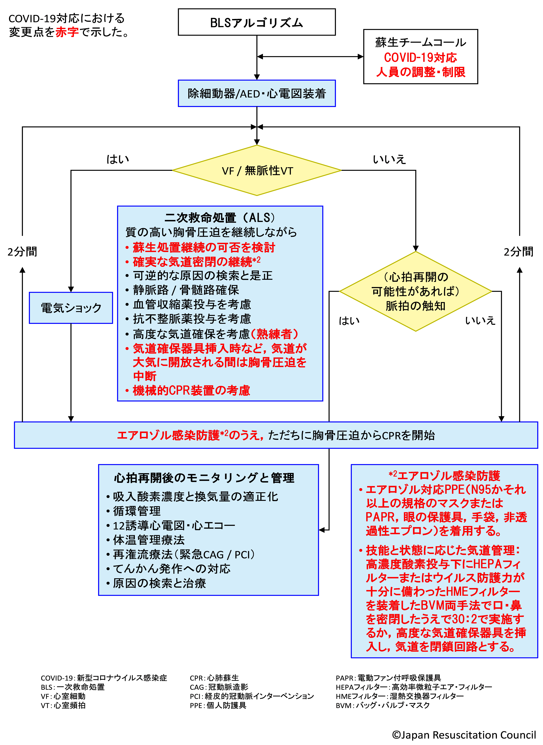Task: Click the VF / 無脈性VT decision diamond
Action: pyautogui.click(x=257, y=170)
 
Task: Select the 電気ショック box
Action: pyautogui.click(x=71, y=308)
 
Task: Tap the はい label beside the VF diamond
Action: pyautogui.click(x=118, y=159)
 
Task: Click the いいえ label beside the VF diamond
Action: pyautogui.click(x=389, y=159)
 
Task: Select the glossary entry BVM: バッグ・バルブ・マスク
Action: pyautogui.click(x=383, y=705)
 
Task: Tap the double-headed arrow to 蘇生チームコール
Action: pyautogui.click(x=310, y=57)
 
